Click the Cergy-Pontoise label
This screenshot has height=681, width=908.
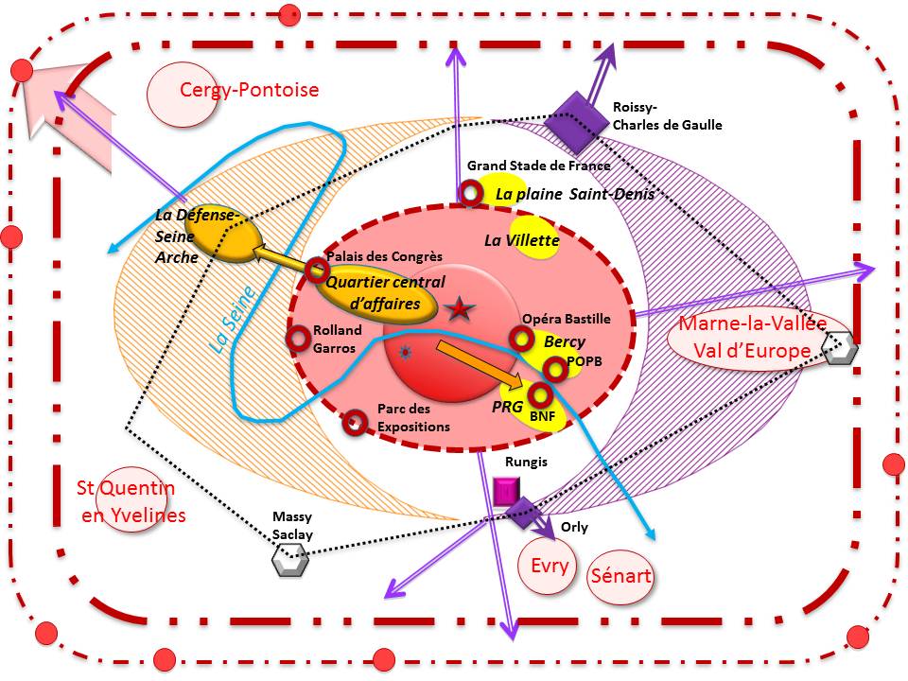point(249,90)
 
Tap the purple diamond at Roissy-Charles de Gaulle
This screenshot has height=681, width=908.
point(577,122)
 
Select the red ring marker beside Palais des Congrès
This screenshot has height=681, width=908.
point(318,270)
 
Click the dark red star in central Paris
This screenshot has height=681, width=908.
point(460,308)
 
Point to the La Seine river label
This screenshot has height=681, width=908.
point(233,320)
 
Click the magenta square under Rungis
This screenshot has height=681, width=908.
point(505,491)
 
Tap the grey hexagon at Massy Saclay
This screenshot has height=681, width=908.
point(289,560)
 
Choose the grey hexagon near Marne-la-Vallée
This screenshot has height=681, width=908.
point(840,348)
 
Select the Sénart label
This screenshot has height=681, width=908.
point(620,576)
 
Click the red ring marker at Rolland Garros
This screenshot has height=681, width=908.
point(299,339)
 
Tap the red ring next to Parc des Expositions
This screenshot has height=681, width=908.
point(355,424)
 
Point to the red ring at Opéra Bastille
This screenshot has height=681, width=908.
point(521,339)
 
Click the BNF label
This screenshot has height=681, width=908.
point(543,416)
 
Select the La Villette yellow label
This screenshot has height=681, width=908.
point(522,239)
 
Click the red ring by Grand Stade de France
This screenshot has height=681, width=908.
point(470,193)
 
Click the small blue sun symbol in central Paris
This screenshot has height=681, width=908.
point(406,352)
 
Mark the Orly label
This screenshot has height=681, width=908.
point(574,527)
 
